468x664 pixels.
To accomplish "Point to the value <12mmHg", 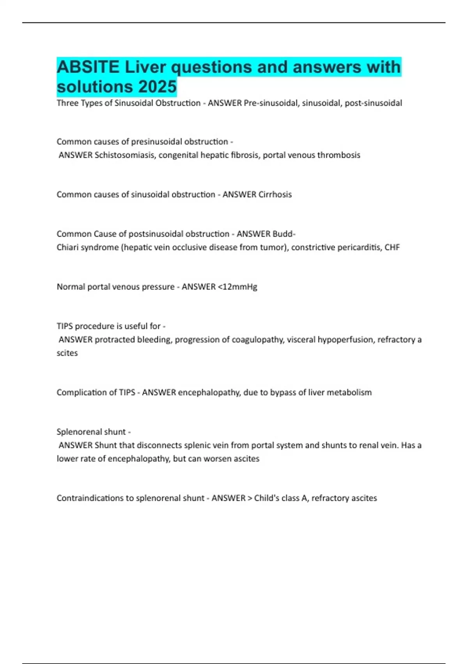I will click(x=238, y=287).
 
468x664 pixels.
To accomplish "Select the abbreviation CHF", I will click(x=392, y=247).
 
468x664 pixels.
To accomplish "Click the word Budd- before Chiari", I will click(x=284, y=234).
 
